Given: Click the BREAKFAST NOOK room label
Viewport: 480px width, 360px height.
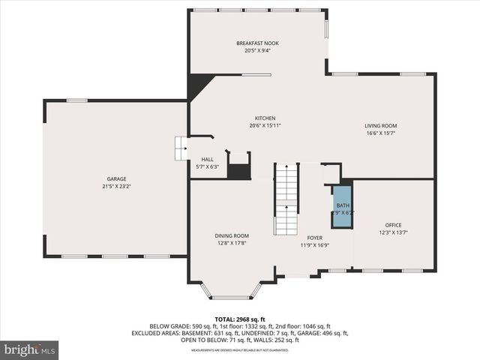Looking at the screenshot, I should tap(257, 43).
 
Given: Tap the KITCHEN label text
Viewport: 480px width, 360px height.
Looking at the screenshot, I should tap(265, 118).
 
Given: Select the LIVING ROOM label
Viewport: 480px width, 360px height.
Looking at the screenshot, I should tap(381, 126).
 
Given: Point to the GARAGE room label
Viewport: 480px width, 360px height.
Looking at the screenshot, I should tap(116, 179).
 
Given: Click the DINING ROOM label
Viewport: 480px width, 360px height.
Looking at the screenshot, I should tap(232, 236).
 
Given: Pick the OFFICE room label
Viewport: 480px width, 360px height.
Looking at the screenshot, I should tap(394, 225).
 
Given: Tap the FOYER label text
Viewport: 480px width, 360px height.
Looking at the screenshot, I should tap(314, 238).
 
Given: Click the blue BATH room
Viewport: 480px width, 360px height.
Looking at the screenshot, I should tap(342, 205).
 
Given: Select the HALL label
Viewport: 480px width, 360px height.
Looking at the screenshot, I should tap(207, 160).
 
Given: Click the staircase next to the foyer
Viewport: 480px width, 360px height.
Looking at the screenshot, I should tap(286, 199).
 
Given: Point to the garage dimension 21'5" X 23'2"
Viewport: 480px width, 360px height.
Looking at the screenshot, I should tap(116, 186).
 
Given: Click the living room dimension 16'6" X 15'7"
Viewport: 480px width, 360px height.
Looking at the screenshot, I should tap(381, 133).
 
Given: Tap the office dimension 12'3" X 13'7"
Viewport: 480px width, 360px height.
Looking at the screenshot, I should tap(394, 232).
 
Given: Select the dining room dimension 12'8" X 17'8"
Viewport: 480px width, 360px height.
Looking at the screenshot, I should tap(232, 243).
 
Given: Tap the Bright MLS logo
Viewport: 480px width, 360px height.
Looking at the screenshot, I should tap(30, 349).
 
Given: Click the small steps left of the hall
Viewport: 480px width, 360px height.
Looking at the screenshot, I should tap(181, 148).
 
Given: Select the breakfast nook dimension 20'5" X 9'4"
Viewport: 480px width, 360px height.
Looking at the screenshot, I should tap(257, 50).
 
